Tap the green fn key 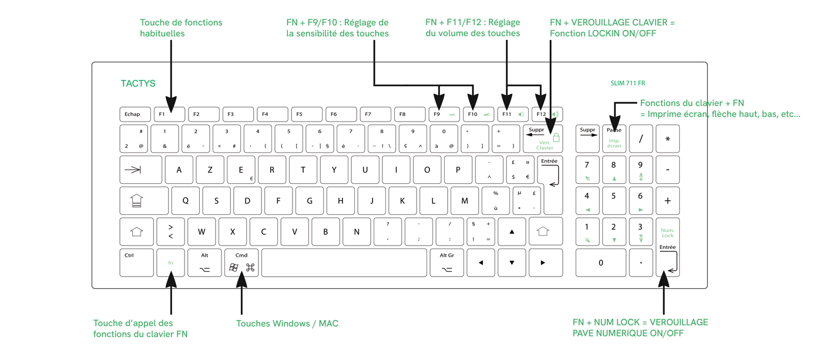171,263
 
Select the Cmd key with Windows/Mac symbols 241,263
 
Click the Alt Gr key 447,263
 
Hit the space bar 344,263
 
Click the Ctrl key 136,263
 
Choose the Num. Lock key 667,232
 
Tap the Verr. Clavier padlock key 546,139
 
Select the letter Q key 186,201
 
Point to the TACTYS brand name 138,83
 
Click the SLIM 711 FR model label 627,83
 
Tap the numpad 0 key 600,263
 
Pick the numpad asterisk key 667,139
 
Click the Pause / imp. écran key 614,139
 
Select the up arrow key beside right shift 512,232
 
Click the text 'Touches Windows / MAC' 287,324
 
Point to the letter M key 465,201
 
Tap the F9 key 444,114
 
